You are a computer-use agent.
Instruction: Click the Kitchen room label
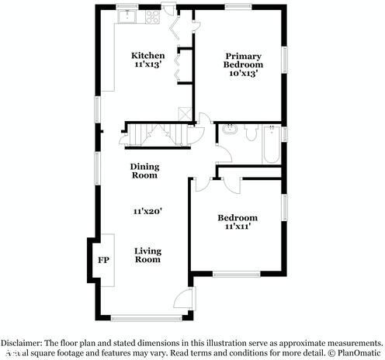coord(147,56)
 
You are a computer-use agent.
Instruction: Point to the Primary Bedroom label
coord(243,61)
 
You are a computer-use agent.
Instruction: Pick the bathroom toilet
coord(250,133)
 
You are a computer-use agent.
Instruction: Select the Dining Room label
coord(144,171)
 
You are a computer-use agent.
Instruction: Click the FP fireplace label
coord(103,260)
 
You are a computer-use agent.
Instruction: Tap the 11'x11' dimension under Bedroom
coord(237,227)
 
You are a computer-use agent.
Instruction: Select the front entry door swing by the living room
coord(182,298)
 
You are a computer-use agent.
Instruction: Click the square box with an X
coord(185,113)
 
